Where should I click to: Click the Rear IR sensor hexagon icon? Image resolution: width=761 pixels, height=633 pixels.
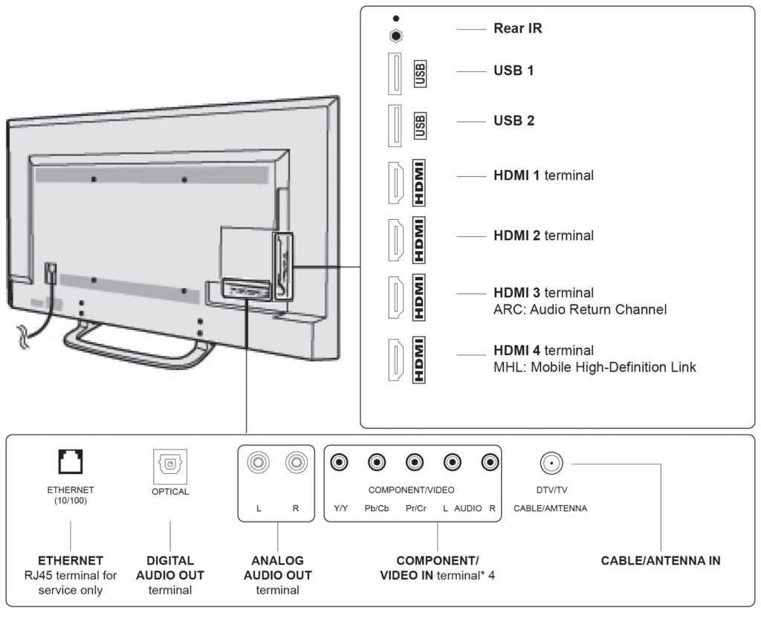[396, 35]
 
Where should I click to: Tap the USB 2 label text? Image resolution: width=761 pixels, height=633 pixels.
[514, 120]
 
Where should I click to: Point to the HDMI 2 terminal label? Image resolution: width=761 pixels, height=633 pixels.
[543, 236]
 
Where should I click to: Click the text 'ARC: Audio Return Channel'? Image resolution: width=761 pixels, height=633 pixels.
[580, 309]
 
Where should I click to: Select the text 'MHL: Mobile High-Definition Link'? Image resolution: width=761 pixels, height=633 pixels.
[595, 367]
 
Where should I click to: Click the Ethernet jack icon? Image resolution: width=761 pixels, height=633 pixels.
[70, 463]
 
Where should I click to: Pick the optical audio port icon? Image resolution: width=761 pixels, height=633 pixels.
[170, 464]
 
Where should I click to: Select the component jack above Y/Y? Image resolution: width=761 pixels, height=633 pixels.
[340, 463]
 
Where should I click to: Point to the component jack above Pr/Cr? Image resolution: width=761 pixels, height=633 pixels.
[414, 463]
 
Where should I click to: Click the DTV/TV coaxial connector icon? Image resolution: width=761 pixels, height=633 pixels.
[551, 464]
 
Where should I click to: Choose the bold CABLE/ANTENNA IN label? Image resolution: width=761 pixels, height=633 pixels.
[660, 561]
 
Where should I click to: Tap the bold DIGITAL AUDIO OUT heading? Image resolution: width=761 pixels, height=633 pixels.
[170, 568]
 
